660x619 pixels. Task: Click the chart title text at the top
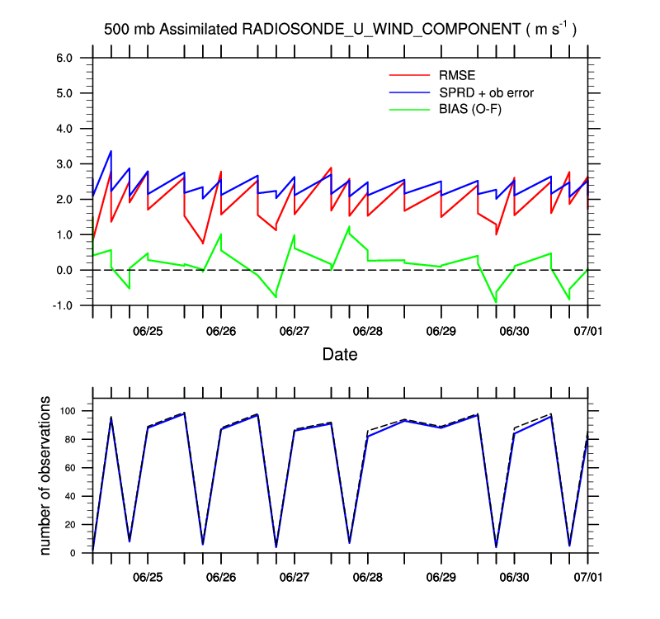[340, 29]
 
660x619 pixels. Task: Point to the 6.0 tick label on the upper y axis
[64, 58]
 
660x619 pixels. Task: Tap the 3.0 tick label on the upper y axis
[64, 164]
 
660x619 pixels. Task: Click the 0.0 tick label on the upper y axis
[64, 270]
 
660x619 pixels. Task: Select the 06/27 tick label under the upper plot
[295, 330]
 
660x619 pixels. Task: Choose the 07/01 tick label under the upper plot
[587, 330]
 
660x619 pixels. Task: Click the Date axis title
[340, 354]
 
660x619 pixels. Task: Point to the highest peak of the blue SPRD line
[111, 151]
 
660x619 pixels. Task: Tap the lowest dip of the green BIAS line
[496, 302]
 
